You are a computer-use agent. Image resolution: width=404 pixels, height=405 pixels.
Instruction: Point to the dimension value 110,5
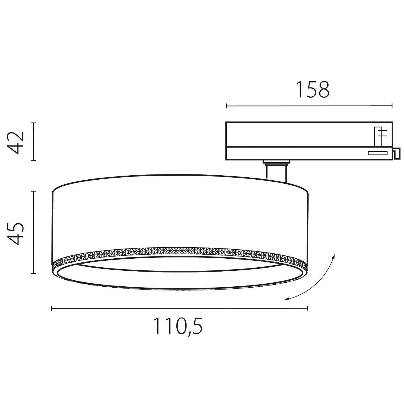pos(178,326)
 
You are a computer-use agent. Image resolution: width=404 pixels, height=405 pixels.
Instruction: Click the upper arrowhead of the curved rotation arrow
pos(334,256)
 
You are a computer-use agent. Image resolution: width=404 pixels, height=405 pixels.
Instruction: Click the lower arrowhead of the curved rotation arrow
pos(285,299)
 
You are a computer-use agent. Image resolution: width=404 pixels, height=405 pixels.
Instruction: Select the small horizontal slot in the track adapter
pos(378,153)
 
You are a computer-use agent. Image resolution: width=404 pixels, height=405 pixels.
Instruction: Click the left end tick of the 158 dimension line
pos(226,106)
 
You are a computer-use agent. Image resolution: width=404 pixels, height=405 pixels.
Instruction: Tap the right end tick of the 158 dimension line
pos(392,106)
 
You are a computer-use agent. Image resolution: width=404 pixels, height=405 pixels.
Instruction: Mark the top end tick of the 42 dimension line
pos(34,123)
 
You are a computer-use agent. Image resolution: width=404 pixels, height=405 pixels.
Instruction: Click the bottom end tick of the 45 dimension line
pos(34,273)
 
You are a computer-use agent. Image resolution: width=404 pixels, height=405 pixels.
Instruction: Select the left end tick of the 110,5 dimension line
pos(52,309)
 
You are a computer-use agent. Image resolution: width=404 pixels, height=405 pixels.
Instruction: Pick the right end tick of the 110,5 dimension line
pos(307,309)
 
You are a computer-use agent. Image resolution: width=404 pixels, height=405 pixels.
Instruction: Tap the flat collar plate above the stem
pos(276,162)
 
